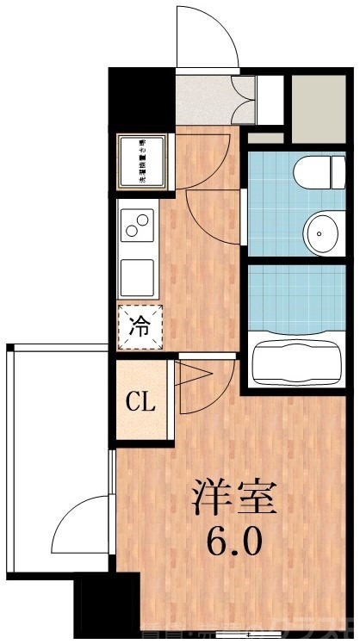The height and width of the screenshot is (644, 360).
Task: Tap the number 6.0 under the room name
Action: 232,542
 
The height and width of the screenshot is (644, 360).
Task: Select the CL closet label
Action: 140,401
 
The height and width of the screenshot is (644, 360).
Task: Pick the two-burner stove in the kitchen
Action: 137,226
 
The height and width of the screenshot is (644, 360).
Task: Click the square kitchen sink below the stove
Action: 137,276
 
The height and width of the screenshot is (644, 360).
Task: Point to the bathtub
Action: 296,363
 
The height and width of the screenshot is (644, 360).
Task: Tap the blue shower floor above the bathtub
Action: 296,297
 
